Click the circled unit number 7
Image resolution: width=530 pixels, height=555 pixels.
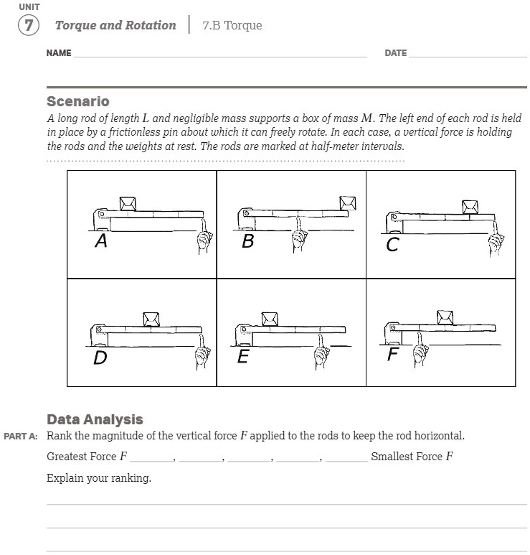point(28,25)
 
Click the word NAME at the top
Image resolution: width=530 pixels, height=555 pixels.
point(59,53)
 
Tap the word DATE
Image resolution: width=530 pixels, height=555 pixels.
point(395,53)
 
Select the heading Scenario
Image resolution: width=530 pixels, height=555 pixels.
point(77,101)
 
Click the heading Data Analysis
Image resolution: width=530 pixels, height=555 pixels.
point(95,419)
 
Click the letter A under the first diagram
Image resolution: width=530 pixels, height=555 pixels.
point(101,242)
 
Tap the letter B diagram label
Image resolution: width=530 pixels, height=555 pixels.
point(247,242)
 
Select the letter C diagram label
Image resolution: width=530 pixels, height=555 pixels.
point(392,246)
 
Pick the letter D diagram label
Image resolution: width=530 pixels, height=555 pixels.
point(100,357)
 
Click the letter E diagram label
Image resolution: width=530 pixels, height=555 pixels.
point(242,356)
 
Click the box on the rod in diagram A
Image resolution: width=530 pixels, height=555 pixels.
point(128,203)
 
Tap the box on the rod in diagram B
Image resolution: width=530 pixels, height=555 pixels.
point(349,203)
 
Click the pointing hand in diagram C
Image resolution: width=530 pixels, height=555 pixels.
point(495,241)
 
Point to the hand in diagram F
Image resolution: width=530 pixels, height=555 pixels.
point(420,350)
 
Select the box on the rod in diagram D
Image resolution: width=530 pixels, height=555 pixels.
point(151,319)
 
